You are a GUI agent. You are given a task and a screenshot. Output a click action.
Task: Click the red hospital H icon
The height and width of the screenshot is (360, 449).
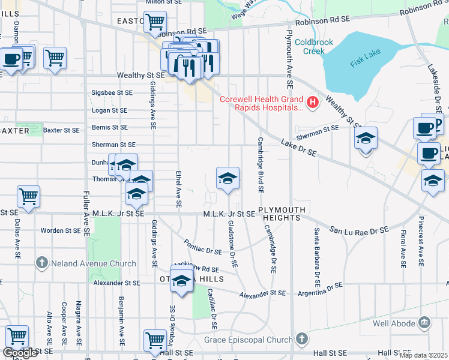pyautogui.click(x=312, y=103)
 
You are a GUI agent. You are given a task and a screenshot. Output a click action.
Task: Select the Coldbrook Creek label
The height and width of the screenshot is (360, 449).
pyautogui.click(x=310, y=47)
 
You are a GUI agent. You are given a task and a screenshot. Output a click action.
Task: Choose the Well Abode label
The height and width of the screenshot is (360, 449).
pyautogui.click(x=394, y=324)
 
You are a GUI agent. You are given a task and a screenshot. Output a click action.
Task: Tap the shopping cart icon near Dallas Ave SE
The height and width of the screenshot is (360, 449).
pyautogui.click(x=28, y=196)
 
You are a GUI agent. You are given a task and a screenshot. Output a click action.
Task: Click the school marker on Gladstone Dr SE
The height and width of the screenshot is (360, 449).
pyautogui.click(x=228, y=178)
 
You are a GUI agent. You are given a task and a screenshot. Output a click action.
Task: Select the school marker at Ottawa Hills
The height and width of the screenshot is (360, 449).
pyautogui.click(x=181, y=281)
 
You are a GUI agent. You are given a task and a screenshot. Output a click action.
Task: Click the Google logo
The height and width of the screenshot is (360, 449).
pyautogui.click(x=20, y=353)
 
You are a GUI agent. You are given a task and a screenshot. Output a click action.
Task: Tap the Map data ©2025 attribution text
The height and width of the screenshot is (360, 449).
pyautogui.click(x=423, y=355)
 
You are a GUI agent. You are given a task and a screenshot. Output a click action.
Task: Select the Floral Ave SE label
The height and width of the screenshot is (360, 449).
pyautogui.click(x=403, y=247)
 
